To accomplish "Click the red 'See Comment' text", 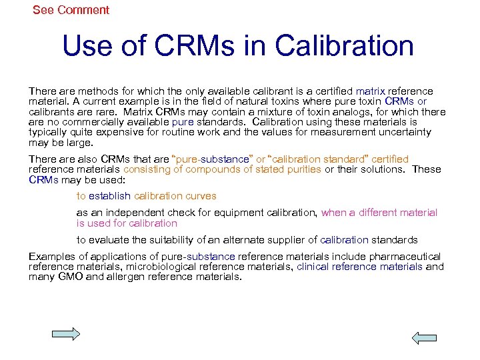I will click(71, 10).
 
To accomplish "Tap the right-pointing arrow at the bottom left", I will click(66, 334).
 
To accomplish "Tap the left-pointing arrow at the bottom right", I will click(424, 338).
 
